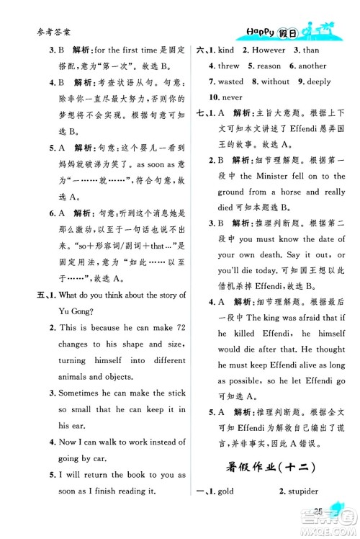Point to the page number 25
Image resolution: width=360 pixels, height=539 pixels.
tap(315, 512)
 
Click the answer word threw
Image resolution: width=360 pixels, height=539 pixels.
tap(228, 67)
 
